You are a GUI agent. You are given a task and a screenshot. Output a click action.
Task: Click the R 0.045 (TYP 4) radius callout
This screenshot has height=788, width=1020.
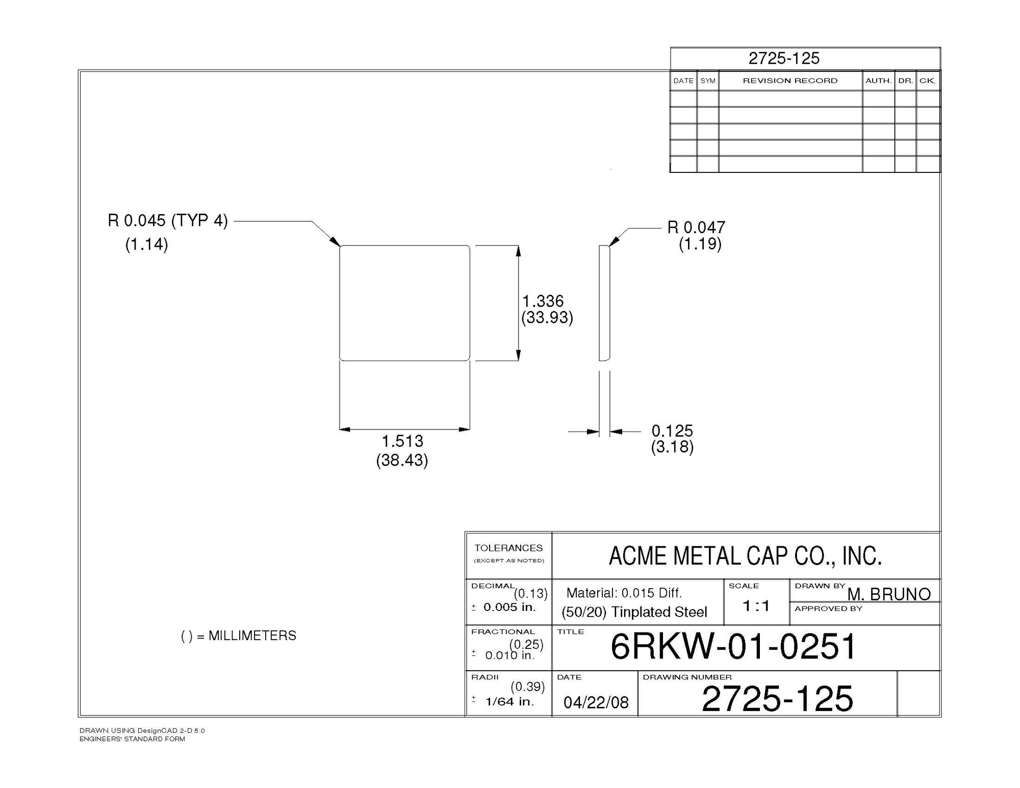[168, 221]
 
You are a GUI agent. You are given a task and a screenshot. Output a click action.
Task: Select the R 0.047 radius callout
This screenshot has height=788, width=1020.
[696, 227]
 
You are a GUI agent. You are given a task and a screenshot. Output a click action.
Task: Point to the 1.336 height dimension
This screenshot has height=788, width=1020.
[543, 301]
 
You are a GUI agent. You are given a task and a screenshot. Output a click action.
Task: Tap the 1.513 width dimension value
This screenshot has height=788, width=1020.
[402, 441]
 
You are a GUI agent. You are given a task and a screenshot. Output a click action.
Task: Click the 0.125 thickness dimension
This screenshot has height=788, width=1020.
[672, 430]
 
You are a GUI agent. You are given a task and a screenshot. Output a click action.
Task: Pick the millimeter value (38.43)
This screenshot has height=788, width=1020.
[402, 461]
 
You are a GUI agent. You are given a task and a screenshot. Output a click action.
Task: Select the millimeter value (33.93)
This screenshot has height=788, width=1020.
[547, 318]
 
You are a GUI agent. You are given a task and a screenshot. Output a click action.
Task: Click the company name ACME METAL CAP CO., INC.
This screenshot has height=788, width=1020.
[745, 556]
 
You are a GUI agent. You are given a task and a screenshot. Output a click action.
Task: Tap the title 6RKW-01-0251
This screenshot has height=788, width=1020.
[733, 647]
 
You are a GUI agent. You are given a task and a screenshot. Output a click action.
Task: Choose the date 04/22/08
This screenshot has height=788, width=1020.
[596, 702]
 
